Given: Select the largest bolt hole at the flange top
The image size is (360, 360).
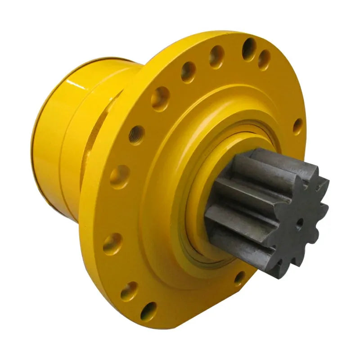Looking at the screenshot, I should click(249, 48).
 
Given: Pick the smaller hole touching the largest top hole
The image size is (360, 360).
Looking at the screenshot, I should click(264, 59).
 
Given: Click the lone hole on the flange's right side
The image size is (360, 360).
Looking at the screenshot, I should click(297, 126).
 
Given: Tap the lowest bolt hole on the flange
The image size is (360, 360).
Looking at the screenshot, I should click(148, 311).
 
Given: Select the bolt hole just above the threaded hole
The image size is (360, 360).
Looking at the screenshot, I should click(160, 98).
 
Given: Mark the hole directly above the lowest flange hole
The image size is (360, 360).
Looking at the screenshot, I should click(129, 291).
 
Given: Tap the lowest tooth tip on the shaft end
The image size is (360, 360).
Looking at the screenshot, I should click(283, 273).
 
